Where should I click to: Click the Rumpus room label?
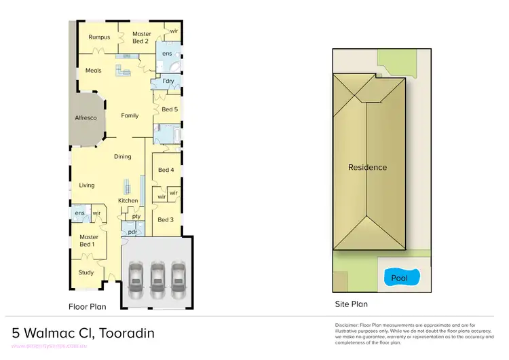pos(98,37)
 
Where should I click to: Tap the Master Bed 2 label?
pos(141,37)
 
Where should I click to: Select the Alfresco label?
pos(86,118)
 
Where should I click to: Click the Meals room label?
pos(93,70)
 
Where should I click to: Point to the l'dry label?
pos(168,82)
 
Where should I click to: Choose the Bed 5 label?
pos(169,109)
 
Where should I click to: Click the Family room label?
pos(130,115)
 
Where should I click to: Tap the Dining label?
pos(122,157)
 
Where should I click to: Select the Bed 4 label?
pos(166,170)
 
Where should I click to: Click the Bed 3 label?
pos(166,219)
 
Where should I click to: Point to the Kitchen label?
pos(128,200)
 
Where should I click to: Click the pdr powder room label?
pos(132,231)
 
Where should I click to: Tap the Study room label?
pos(86,272)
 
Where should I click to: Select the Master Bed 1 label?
pos(87,240)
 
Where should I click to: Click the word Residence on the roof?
pos(367,167)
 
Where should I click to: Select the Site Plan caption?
pos(351,304)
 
